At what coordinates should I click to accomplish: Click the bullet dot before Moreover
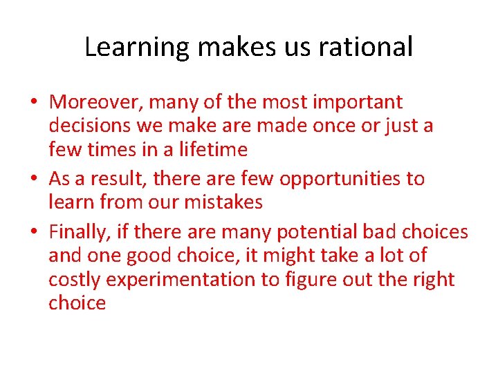(33, 103)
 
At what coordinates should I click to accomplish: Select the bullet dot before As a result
(33, 179)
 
